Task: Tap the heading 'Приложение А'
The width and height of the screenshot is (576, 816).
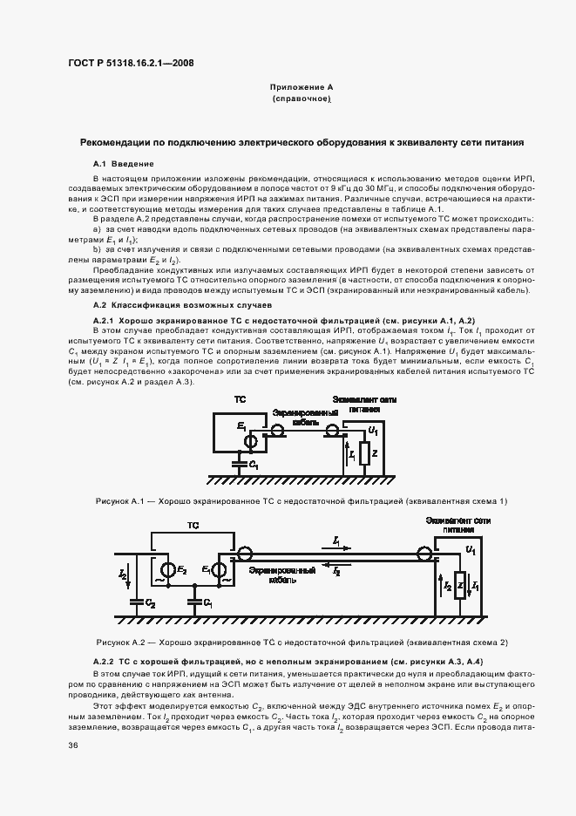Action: tap(302, 88)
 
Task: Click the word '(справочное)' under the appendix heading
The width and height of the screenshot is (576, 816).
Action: tap(302, 100)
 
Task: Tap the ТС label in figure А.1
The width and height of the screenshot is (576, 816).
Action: tap(240, 398)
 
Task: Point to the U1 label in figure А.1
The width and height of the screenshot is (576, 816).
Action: tap(372, 431)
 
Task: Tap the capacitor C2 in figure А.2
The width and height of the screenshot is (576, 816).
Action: tap(136, 602)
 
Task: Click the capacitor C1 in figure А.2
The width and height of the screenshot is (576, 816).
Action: tap(193, 602)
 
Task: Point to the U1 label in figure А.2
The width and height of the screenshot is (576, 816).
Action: tap(471, 551)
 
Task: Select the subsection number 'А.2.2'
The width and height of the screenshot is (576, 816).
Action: tap(109, 663)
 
